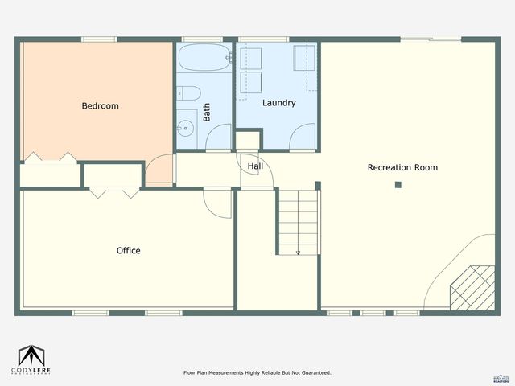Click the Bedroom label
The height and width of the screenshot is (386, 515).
101,106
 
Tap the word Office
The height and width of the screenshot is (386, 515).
129,251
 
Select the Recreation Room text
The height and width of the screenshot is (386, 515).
402,167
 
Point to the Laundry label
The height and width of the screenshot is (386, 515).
279,103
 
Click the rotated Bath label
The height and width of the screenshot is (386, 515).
207,112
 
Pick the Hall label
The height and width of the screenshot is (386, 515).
255,166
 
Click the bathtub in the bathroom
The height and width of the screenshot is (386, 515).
203,59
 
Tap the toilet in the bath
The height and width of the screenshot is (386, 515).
186,93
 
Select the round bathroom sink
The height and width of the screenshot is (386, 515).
187,127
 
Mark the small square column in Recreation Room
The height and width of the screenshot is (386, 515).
398,185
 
